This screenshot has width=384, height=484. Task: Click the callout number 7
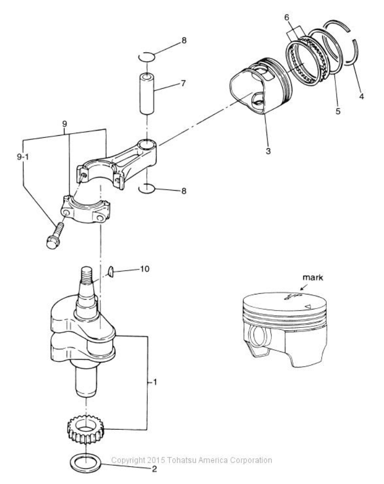tap(183, 83)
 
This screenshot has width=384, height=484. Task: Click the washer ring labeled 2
tap(85, 462)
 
